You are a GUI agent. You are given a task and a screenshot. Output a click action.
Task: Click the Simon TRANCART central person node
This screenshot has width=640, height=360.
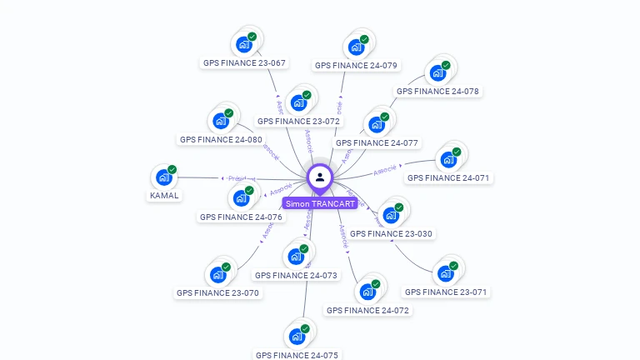320,177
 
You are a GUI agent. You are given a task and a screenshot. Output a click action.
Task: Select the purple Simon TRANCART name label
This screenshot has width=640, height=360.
320,203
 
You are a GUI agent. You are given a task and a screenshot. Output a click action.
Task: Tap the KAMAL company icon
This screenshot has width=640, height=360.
163,177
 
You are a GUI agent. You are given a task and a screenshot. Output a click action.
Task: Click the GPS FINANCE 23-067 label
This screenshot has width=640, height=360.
244,62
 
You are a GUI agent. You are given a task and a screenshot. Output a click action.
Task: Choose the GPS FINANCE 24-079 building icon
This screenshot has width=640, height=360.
357,47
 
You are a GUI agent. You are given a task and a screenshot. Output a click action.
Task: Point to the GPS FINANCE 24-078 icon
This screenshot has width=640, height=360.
437,73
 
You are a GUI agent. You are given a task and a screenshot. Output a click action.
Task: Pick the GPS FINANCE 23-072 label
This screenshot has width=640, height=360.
298,121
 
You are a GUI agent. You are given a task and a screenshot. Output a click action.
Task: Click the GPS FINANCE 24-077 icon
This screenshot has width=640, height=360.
377,125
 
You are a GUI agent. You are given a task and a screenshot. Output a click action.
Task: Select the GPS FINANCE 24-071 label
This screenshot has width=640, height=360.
448,177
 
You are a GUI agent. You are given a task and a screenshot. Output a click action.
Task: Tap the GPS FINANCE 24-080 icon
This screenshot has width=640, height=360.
221,121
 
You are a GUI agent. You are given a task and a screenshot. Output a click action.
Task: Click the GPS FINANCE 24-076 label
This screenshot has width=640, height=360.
241,217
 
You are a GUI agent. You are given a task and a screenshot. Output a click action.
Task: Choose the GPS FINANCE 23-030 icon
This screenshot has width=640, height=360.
391,215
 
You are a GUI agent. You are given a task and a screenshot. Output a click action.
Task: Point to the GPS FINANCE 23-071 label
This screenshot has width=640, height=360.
446,292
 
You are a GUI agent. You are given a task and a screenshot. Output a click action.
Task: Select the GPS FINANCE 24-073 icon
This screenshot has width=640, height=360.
296,257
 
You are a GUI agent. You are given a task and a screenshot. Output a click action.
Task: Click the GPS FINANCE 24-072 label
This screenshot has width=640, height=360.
367,310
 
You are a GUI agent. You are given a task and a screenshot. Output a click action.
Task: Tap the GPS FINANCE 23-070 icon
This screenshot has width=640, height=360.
217,275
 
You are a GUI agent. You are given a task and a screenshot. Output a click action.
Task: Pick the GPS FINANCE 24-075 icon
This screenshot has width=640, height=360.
297,337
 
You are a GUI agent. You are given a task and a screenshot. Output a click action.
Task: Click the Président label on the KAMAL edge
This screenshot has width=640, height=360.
242,178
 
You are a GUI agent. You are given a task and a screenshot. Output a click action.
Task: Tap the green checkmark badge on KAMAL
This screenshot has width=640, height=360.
172,170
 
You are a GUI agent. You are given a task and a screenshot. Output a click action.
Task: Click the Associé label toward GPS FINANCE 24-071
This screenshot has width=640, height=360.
385,170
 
